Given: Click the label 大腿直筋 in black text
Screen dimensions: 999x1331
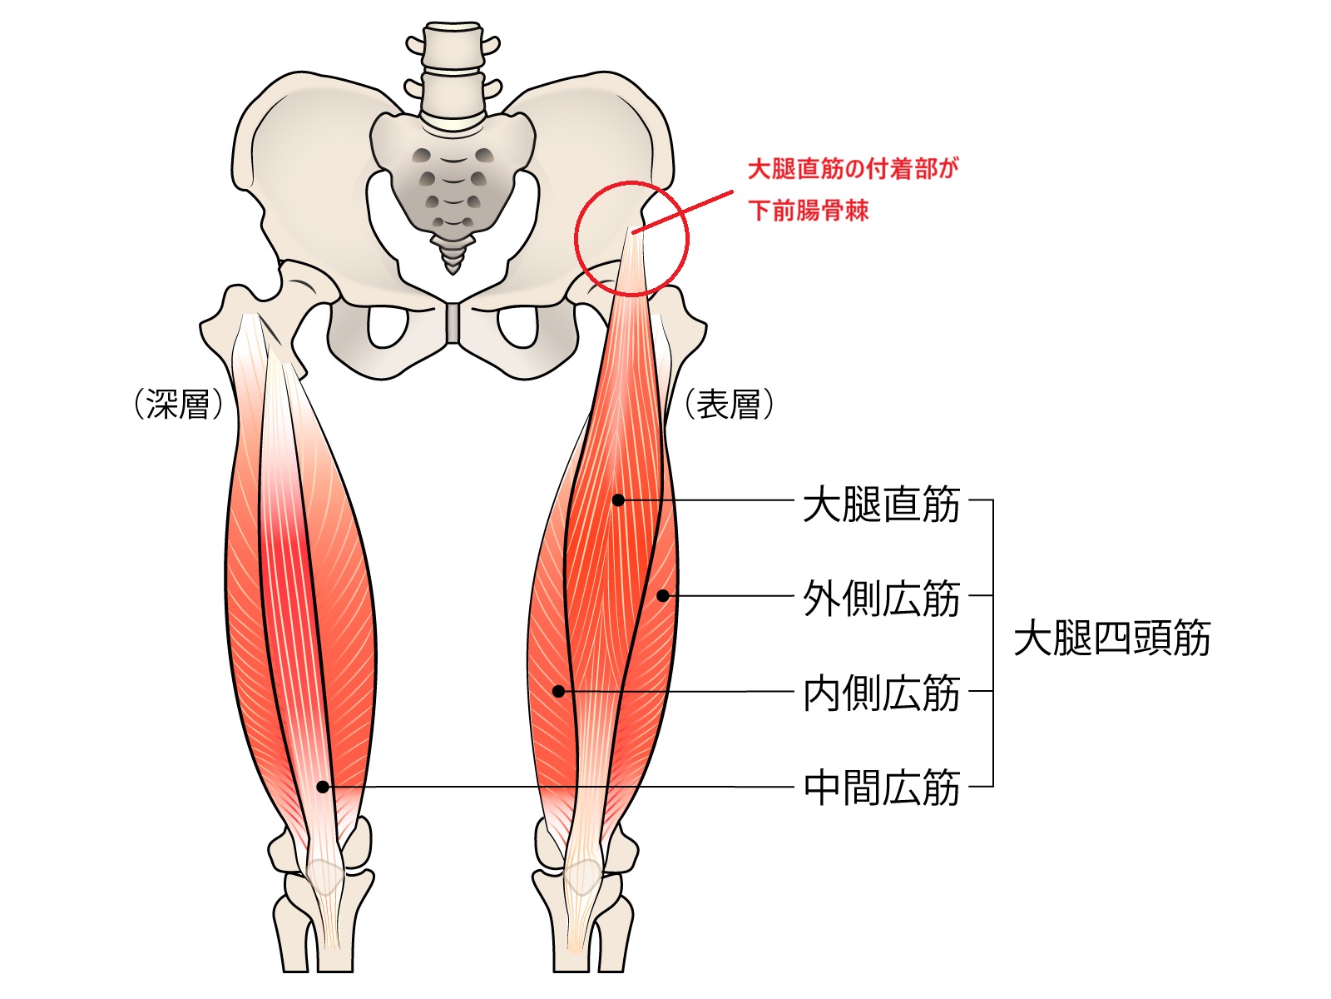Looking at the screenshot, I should coord(881,504).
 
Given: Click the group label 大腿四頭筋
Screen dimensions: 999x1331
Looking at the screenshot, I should coord(1111,639).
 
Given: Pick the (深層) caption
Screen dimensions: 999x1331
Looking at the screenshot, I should coord(178,405).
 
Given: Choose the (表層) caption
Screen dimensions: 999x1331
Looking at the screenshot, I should coord(729,405).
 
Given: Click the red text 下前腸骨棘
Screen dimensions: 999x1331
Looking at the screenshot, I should coord(808,210).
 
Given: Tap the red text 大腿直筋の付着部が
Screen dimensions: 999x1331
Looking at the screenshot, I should coord(853,169).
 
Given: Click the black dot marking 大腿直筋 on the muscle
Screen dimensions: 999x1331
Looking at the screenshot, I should coord(618,499).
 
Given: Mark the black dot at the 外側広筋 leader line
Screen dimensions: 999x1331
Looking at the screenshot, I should coord(663,595).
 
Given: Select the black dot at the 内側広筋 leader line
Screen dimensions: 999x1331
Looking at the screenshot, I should coord(559,691).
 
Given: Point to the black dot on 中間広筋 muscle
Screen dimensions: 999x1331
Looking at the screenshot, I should coord(323,787).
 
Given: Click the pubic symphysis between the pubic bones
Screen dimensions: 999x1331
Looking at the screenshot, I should coord(452,323).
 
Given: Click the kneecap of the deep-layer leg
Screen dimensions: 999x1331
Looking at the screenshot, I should coord(325,876).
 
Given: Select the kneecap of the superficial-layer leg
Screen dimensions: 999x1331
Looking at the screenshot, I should coord(581,876).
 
